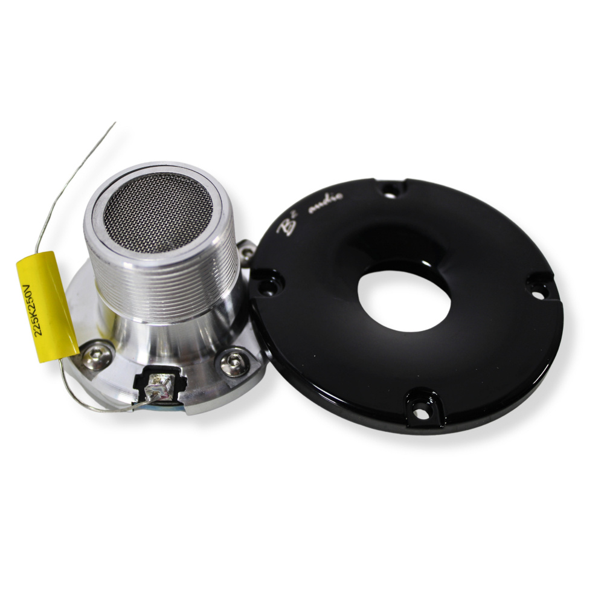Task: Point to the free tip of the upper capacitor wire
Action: [x=115, y=123]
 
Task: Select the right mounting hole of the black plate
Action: [x=537, y=287]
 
